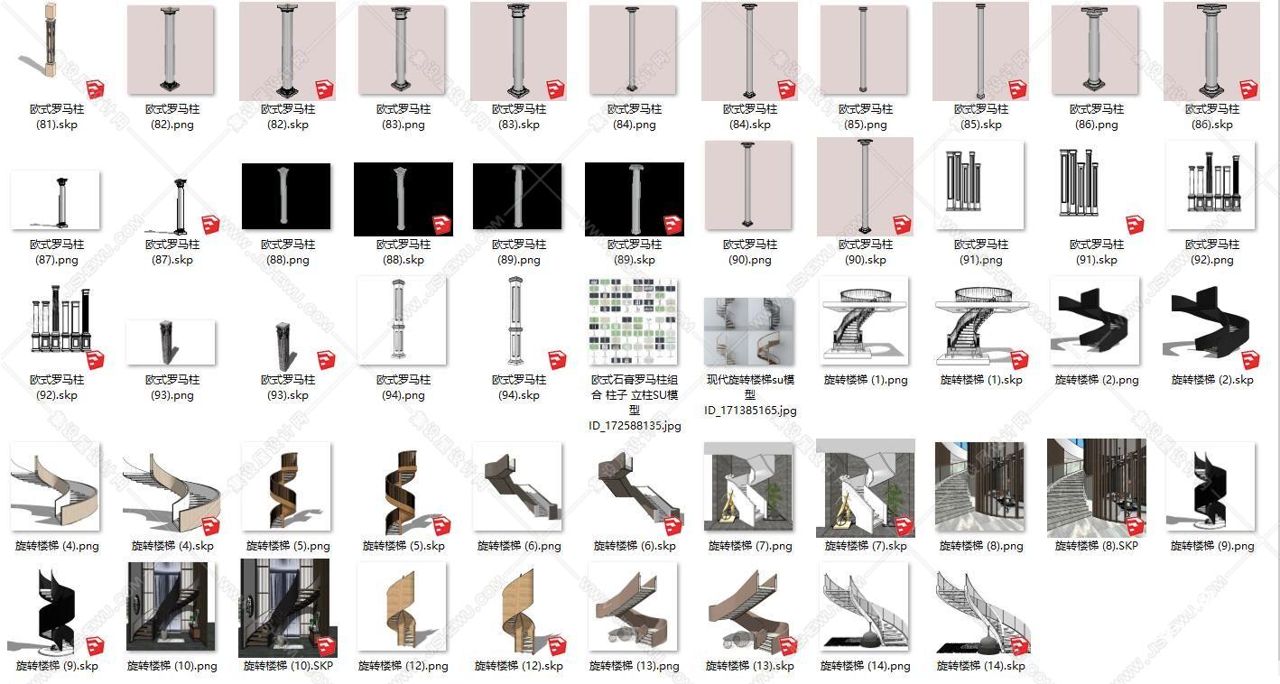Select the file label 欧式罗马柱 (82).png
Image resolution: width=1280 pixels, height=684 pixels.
(x=172, y=116)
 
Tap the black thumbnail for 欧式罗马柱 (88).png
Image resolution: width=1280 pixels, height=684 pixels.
(x=286, y=196)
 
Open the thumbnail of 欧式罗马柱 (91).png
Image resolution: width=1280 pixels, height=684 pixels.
(x=979, y=185)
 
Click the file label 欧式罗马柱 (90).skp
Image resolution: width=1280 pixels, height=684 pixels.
(x=865, y=252)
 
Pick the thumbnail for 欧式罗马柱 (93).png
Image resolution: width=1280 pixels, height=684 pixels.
(x=171, y=342)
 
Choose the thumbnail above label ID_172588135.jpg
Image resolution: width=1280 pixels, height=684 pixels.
(x=634, y=322)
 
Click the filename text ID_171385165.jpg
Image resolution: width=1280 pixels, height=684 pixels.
(x=750, y=411)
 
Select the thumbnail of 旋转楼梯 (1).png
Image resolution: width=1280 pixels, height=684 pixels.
(x=865, y=320)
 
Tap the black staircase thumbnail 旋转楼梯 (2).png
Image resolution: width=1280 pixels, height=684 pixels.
(x=1095, y=320)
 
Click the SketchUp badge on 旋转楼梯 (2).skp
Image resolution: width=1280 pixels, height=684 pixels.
(x=1249, y=360)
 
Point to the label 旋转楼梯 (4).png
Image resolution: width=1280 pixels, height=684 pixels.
(x=57, y=546)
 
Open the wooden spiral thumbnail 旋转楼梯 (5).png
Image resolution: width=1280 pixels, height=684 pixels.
(x=286, y=486)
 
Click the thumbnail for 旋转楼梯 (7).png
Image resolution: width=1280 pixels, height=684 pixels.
(x=748, y=486)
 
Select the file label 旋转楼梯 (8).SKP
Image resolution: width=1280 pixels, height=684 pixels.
(x=1096, y=546)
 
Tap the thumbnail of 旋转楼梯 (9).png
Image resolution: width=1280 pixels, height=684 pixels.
(x=1210, y=486)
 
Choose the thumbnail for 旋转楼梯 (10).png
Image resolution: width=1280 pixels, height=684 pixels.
(x=172, y=606)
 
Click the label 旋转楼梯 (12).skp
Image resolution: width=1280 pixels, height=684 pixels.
(x=518, y=666)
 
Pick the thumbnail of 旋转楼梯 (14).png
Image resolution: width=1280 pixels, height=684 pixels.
(x=865, y=606)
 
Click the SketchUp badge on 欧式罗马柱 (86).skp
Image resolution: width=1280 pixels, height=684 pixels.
(x=1249, y=89)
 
